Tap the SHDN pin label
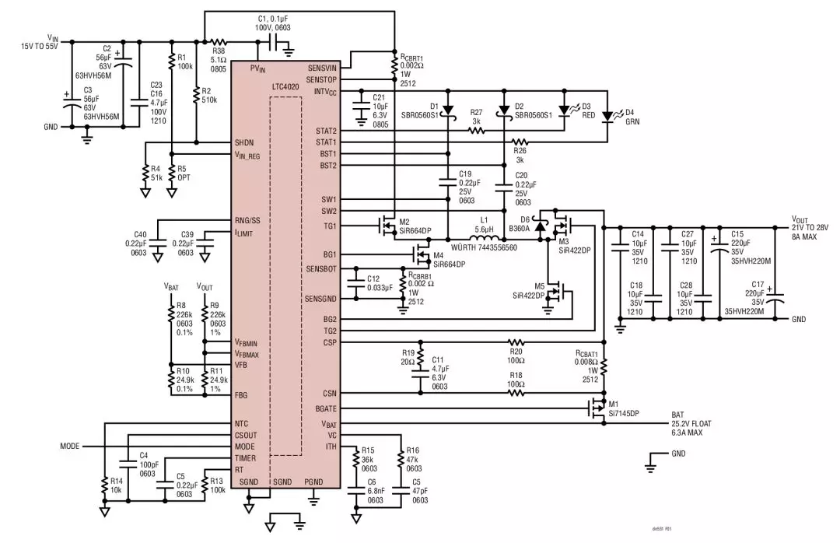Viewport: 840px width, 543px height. pyautogui.click(x=245, y=142)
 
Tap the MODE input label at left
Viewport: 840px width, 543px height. pyautogui.click(x=72, y=447)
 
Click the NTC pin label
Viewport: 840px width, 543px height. pyautogui.click(x=242, y=424)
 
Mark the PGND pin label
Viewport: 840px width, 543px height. pyautogui.click(x=313, y=482)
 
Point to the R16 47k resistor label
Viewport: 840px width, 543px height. pyautogui.click(x=412, y=459)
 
